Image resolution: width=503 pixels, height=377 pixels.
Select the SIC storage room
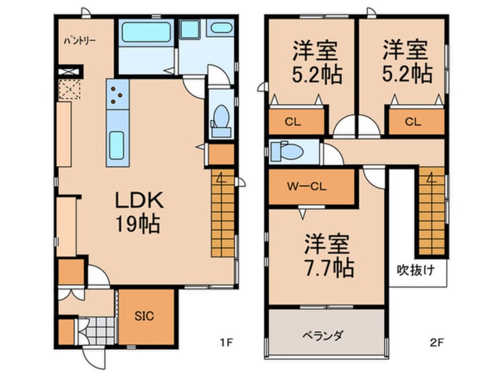[146, 316]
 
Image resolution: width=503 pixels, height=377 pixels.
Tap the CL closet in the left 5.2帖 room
[295, 122]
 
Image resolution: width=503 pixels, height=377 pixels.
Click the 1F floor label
[227, 343]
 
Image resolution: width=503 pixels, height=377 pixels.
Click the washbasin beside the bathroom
[221, 27]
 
